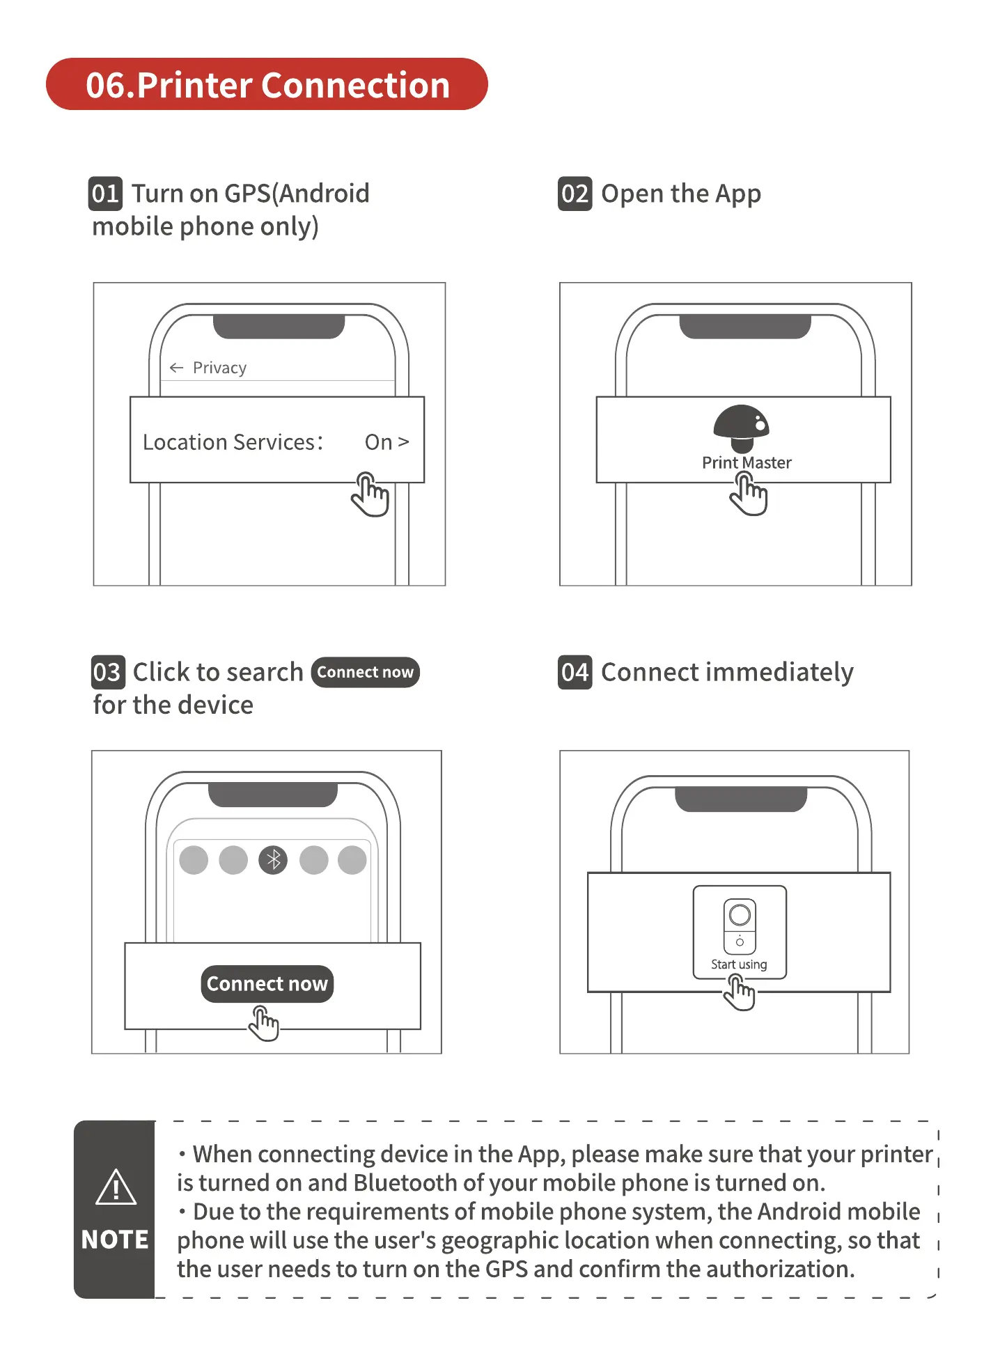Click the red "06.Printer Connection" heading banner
[267, 84]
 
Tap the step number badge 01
[105, 194]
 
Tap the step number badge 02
[575, 194]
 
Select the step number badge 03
[108, 672]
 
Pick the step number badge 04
[575, 672]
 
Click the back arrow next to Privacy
[176, 368]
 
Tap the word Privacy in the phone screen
[219, 368]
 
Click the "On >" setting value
[386, 442]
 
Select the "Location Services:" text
[233, 442]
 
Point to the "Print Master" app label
[747, 463]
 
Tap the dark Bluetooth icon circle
[273, 860]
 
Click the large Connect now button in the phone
[267, 983]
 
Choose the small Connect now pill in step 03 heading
[365, 672]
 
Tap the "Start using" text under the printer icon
[739, 965]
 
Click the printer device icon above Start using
[740, 925]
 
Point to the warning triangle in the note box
[116, 1187]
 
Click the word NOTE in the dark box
[115, 1240]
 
